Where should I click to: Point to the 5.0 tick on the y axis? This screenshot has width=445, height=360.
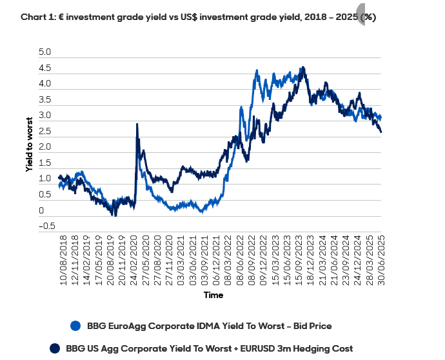45,52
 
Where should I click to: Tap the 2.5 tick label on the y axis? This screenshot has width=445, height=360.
45,131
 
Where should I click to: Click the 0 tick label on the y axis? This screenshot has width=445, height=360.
41,210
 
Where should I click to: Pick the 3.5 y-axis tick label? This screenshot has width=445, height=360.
45,99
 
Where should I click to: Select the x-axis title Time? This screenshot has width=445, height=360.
213,295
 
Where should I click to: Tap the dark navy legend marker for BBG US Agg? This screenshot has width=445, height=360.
55,348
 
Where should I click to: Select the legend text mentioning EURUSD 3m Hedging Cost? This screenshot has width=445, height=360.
210,348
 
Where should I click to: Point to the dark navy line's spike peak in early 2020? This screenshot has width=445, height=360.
137,125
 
